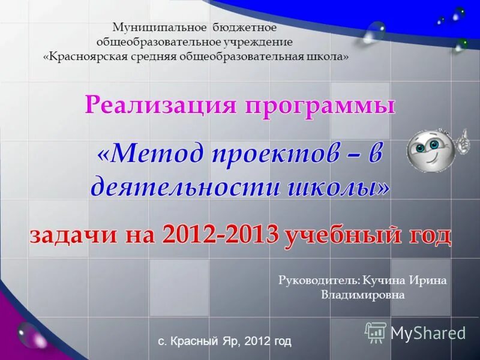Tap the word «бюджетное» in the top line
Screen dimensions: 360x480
[244, 28]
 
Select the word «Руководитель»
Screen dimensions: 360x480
[320, 280]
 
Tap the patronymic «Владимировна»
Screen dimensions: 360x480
[363, 295]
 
